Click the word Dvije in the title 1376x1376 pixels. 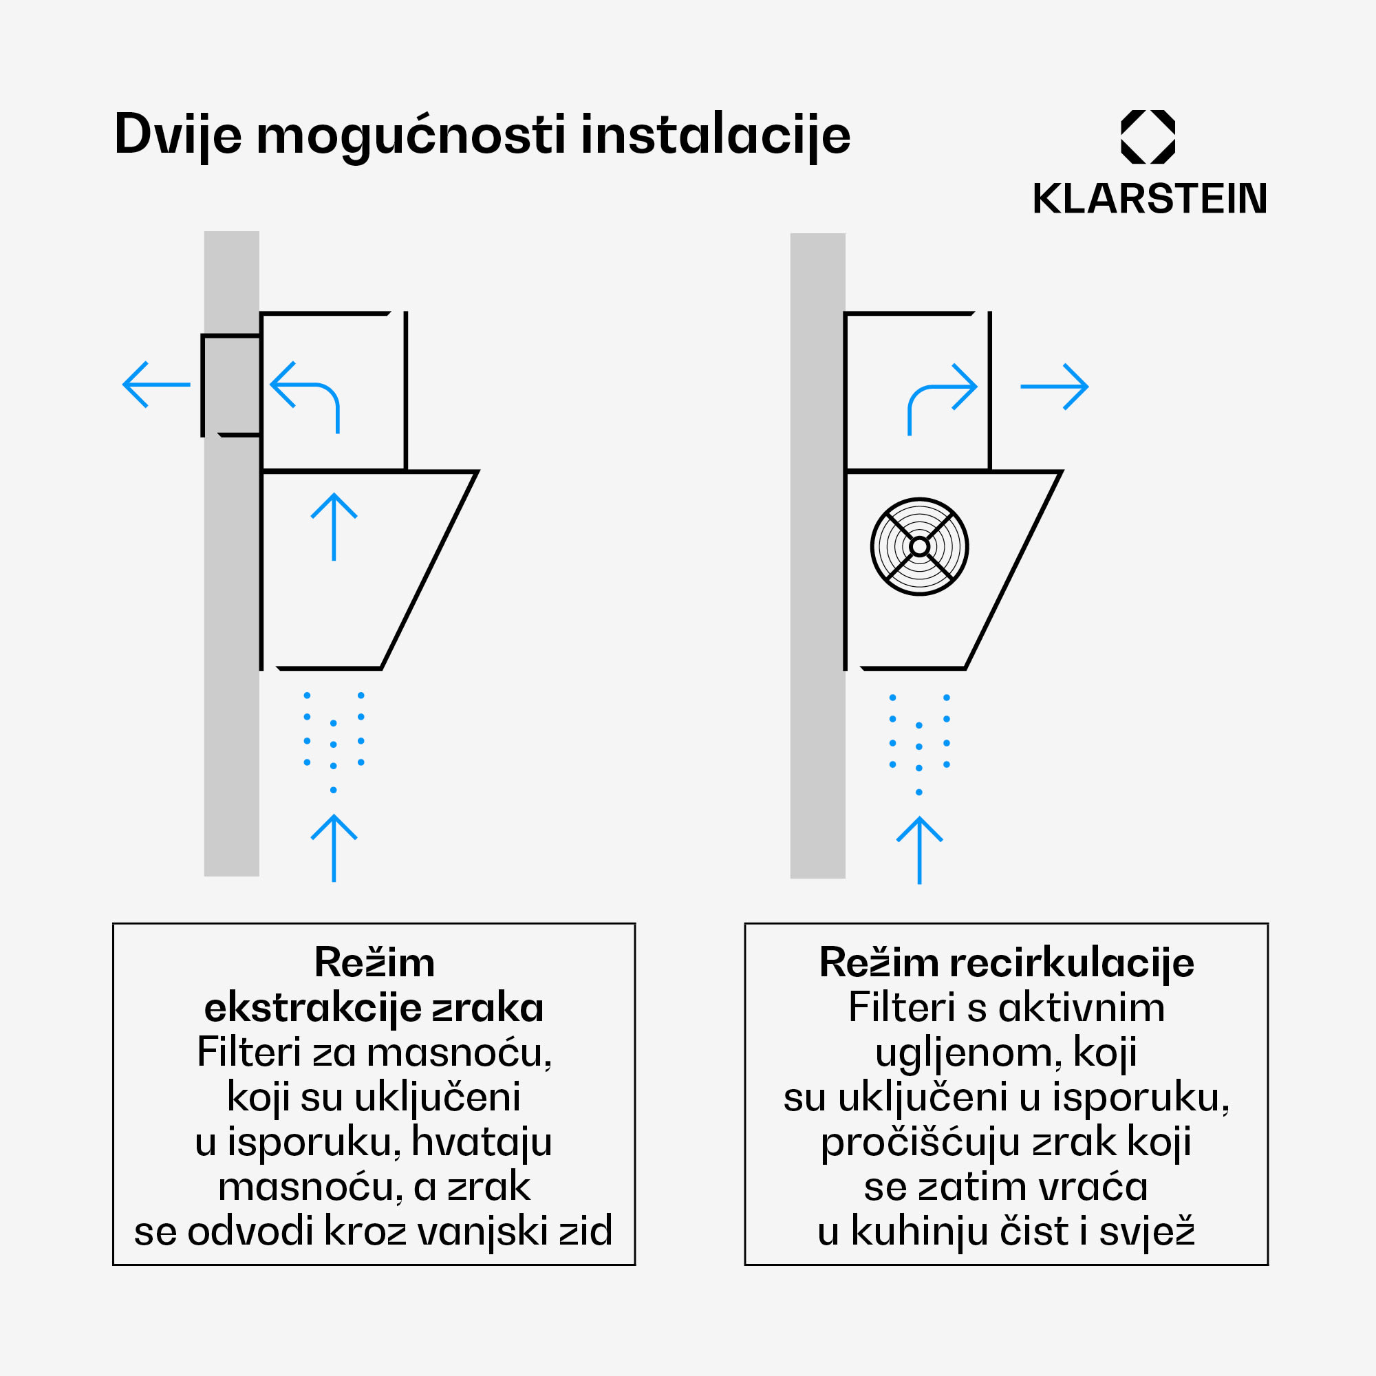pyautogui.click(x=178, y=136)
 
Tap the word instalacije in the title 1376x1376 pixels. pyautogui.click(x=715, y=136)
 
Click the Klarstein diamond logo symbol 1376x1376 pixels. pyautogui.click(x=1148, y=137)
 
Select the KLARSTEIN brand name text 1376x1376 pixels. pyautogui.click(x=1150, y=199)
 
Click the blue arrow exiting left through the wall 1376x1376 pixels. pyautogui.click(x=157, y=385)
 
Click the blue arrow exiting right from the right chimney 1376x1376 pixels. pyautogui.click(x=1054, y=387)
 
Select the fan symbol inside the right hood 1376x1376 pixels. pyautogui.click(x=919, y=546)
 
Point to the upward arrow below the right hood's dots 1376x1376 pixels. pyautogui.click(x=919, y=850)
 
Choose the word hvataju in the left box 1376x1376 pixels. pyautogui.click(x=482, y=1142)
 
